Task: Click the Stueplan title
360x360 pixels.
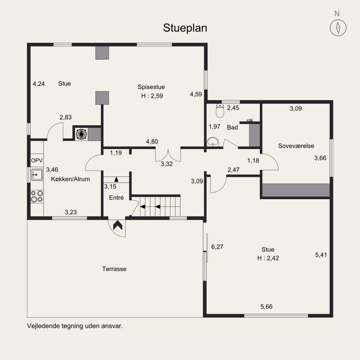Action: coord(185,28)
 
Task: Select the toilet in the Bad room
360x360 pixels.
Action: coord(220,110)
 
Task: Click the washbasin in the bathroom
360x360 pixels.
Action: coord(213,142)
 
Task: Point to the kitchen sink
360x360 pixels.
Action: coord(37,175)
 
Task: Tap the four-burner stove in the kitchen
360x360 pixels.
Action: coord(37,196)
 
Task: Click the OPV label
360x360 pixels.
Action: coord(37,161)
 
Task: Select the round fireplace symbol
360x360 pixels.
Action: coord(81,134)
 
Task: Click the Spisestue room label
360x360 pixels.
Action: coord(151,87)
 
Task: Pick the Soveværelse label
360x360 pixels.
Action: coord(296,146)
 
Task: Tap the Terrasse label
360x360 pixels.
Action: coord(114,269)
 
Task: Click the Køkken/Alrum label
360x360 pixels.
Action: coord(70,179)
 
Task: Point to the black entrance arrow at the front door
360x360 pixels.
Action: coord(118,225)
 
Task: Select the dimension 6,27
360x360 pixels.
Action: coord(217,247)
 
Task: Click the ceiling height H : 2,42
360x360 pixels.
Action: coord(268,258)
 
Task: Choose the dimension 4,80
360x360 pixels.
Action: coord(152,142)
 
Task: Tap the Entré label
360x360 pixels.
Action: coord(117,198)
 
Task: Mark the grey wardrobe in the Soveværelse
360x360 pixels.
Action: coord(296,190)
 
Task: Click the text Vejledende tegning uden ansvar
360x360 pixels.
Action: coord(75,326)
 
